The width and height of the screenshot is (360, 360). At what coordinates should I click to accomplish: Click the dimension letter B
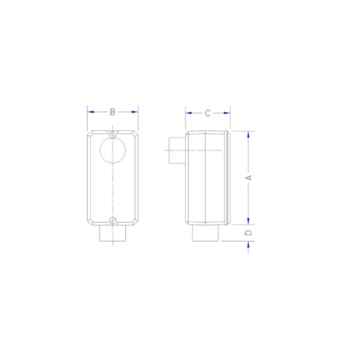point(113,113)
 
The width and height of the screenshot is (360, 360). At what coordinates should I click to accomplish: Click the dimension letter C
point(207,113)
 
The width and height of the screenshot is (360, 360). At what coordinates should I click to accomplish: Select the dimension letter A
point(249,178)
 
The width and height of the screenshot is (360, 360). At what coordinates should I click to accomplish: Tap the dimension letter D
point(249,233)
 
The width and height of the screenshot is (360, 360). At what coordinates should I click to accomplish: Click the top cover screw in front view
point(113,135)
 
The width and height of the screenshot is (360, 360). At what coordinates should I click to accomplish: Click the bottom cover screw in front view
point(113,220)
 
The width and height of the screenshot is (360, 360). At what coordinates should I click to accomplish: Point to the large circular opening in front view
point(113,149)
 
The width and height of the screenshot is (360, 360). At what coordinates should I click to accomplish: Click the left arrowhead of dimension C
point(188,113)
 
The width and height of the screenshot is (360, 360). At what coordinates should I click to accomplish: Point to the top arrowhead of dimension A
point(249,134)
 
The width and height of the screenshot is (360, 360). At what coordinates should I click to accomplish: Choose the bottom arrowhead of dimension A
point(249,221)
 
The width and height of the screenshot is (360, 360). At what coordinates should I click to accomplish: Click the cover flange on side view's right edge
point(228,177)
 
